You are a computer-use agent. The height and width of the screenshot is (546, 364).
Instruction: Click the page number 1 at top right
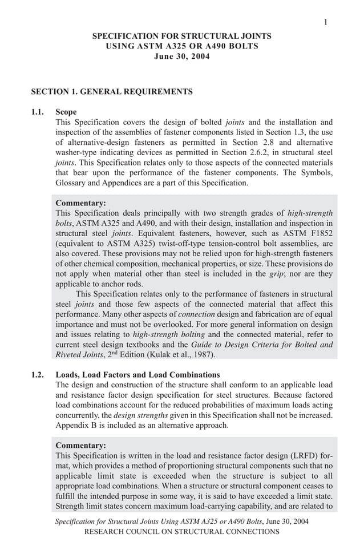(x=325, y=22)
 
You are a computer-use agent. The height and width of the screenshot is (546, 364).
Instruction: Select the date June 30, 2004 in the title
(x=182, y=56)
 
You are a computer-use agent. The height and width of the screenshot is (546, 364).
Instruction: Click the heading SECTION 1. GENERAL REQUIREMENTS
(x=112, y=91)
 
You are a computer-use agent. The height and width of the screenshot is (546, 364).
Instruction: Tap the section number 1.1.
(x=38, y=112)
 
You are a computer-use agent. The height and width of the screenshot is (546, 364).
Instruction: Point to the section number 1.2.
(x=38, y=375)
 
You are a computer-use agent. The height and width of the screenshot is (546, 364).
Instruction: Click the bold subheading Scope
(x=66, y=112)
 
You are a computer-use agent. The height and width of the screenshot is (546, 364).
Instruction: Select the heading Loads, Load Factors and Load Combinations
(x=137, y=375)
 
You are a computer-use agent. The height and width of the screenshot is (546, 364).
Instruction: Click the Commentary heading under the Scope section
(x=80, y=203)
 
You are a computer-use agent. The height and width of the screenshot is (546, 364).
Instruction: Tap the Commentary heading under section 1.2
(x=80, y=445)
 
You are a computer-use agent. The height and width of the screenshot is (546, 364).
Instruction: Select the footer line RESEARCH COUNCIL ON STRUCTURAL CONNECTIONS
(x=182, y=532)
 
